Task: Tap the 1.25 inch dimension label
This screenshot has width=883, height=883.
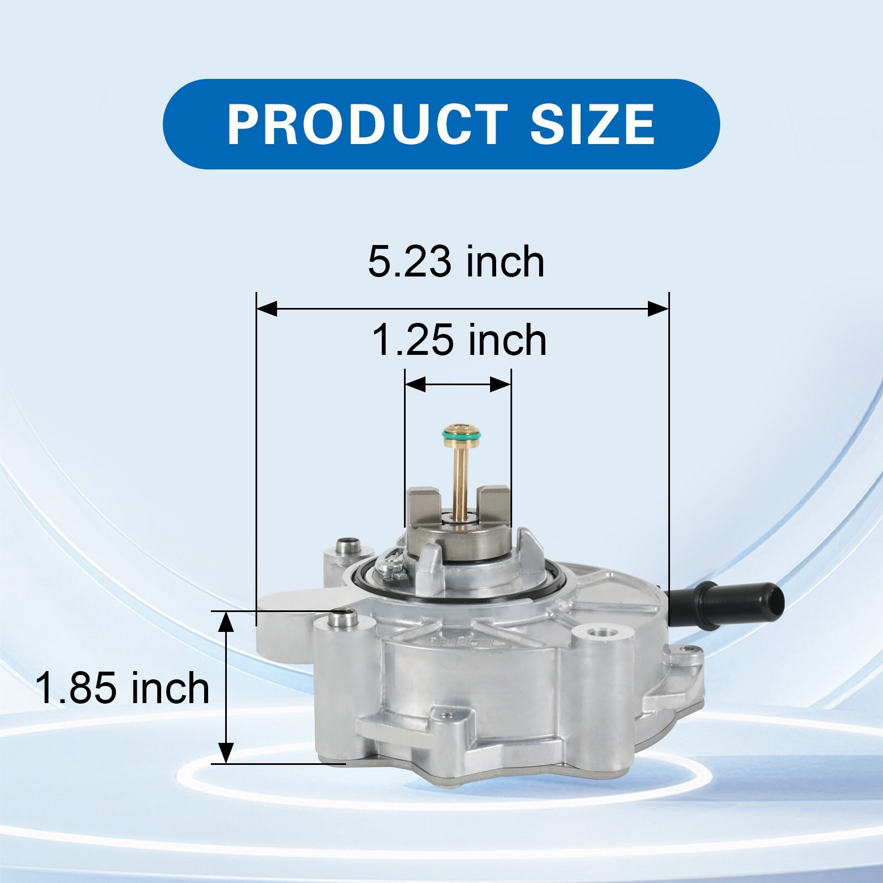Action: pos(459,340)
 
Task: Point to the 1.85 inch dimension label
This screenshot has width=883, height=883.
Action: pos(123,688)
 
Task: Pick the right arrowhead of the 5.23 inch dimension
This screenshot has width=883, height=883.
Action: pos(658,309)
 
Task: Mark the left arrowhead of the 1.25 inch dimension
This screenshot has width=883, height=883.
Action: pos(416,385)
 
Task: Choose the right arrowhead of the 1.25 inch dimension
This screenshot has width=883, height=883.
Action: pos(500,385)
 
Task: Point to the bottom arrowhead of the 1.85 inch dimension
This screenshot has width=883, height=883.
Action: pos(226,753)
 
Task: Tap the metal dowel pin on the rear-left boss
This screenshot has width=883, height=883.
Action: pos(348,546)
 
